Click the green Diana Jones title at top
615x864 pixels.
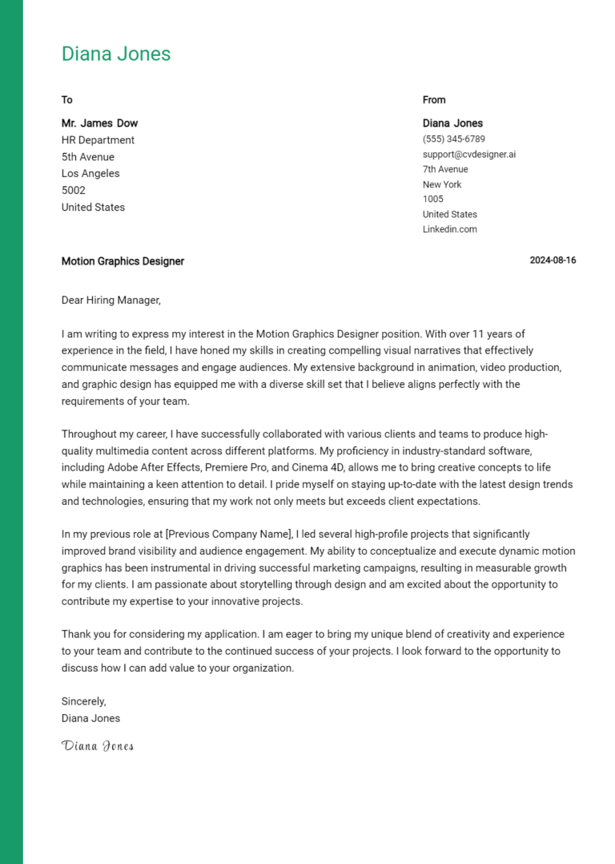116,55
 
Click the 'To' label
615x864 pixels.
67,100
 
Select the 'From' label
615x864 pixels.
434,100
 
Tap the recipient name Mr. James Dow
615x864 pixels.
99,123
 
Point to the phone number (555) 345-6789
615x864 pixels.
453,139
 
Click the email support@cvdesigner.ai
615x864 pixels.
469,154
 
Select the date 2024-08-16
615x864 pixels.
553,261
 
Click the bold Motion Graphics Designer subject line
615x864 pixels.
123,261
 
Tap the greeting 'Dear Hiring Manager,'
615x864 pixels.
111,301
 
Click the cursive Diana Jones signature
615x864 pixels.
97,746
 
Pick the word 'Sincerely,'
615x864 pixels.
84,701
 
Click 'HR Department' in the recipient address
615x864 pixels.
98,140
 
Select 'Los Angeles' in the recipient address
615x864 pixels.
90,174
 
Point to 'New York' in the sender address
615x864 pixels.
442,184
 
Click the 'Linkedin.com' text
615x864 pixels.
449,229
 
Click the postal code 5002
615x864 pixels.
74,191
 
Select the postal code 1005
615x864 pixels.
432,199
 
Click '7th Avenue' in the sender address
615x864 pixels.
445,169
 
